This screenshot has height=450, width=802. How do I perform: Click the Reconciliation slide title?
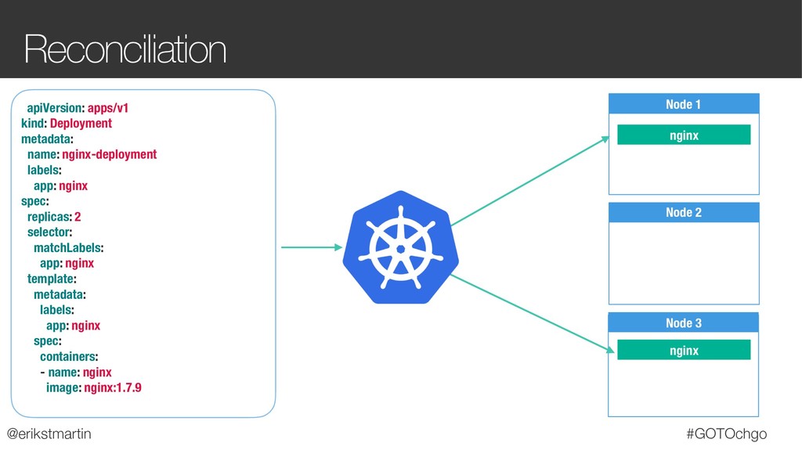(x=125, y=50)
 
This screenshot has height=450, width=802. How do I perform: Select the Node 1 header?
(x=684, y=105)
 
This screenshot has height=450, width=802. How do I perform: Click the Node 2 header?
(x=684, y=213)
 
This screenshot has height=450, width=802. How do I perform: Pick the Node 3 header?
(x=684, y=323)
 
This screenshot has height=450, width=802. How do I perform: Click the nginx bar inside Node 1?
(x=684, y=135)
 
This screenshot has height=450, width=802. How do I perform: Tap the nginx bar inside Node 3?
(x=684, y=351)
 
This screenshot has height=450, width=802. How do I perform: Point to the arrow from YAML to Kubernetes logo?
(x=311, y=248)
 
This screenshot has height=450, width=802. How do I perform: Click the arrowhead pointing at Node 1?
(x=605, y=139)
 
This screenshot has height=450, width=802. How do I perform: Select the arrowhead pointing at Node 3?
(x=605, y=353)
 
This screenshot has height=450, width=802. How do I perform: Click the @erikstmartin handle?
(x=49, y=434)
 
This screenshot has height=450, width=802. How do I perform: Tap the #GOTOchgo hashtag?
(x=726, y=434)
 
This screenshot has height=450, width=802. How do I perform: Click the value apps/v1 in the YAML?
(x=108, y=108)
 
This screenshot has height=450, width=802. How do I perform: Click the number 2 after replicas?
(x=78, y=216)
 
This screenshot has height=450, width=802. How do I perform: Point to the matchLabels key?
(x=68, y=247)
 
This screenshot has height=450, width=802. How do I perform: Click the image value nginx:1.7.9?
(x=113, y=387)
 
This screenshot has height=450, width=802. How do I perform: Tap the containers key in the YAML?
(x=69, y=356)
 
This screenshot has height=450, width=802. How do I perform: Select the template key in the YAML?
(x=51, y=279)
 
